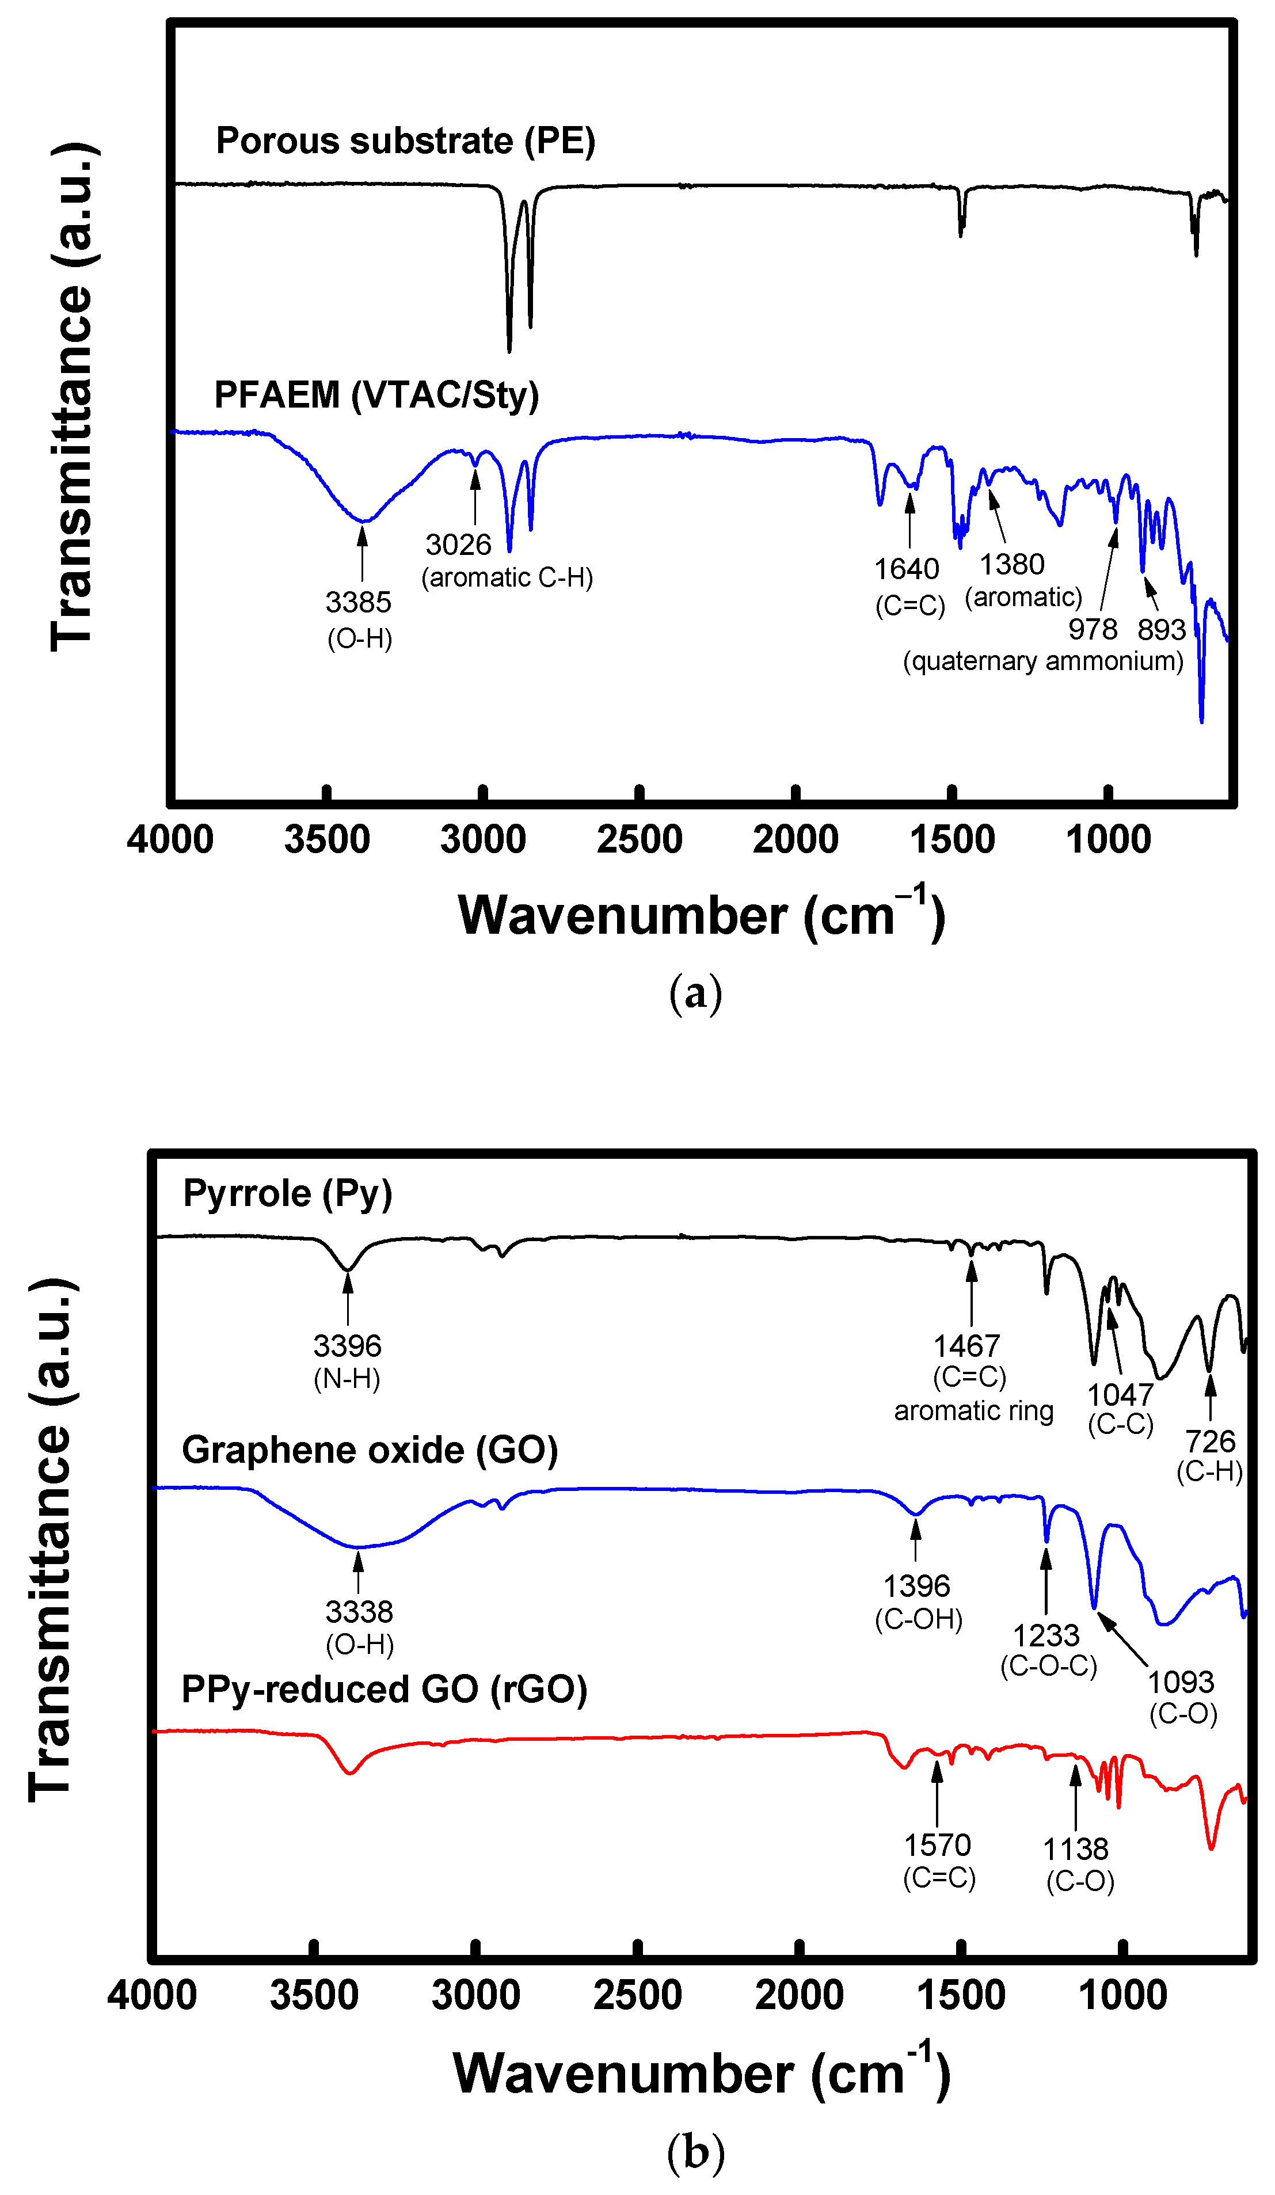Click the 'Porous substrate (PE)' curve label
[405, 141]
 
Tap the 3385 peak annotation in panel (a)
[358, 602]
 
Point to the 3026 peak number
[458, 545]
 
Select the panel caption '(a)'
[695, 993]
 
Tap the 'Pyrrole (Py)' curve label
[287, 1193]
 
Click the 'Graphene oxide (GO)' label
[370, 1450]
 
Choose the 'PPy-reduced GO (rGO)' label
[384, 1690]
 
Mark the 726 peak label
[1210, 1441]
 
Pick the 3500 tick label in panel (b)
[314, 1996]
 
